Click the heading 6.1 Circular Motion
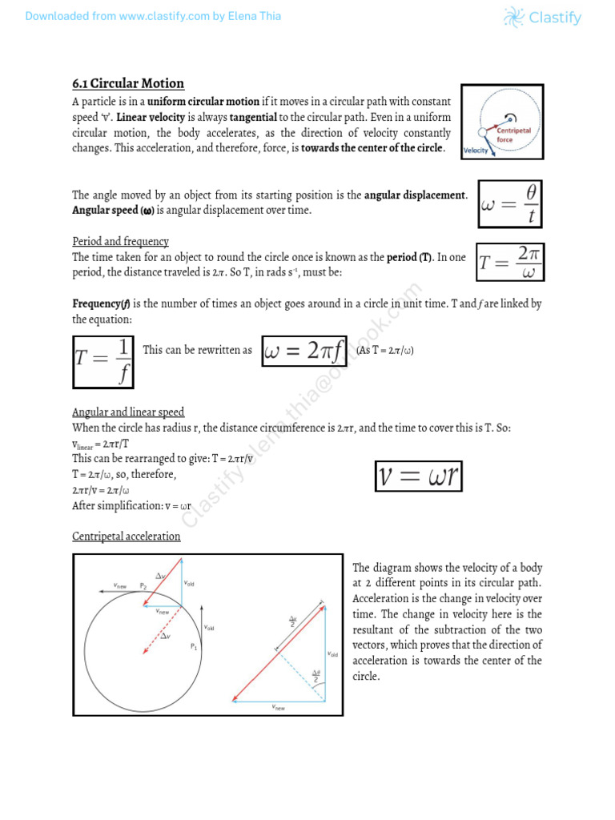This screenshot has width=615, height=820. point(128,83)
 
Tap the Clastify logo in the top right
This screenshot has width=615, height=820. point(542,17)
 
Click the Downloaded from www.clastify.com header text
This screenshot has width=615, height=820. point(153,16)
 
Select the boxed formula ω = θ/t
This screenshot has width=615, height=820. point(510,204)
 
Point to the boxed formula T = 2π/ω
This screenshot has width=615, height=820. point(510,262)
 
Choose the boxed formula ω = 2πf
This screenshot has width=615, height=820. point(304,351)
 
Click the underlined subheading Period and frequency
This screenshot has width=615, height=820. point(120,241)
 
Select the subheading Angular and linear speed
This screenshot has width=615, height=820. point(128,412)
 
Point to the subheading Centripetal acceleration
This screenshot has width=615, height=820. point(126,536)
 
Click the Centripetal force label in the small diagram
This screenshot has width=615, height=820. point(511,134)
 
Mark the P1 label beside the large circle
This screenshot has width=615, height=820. point(194,646)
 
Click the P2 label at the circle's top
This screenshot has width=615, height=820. point(143,585)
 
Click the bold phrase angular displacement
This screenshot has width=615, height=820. point(415,195)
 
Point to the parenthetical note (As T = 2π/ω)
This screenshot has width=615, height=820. point(384,351)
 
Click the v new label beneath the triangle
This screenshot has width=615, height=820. point(278,708)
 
